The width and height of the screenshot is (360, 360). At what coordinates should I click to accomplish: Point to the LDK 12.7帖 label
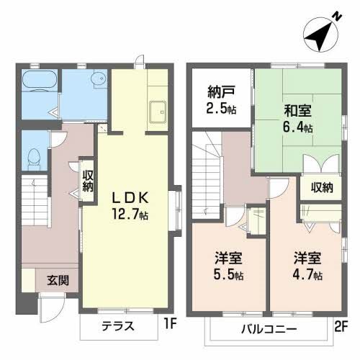coord(130,204)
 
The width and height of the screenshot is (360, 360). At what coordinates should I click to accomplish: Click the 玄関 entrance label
coord(58,281)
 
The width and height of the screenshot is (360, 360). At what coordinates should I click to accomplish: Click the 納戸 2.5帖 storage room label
coord(220,99)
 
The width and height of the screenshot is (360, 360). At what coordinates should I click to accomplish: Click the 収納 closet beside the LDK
coord(87,181)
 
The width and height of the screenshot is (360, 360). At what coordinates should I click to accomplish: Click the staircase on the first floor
coord(32,202)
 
